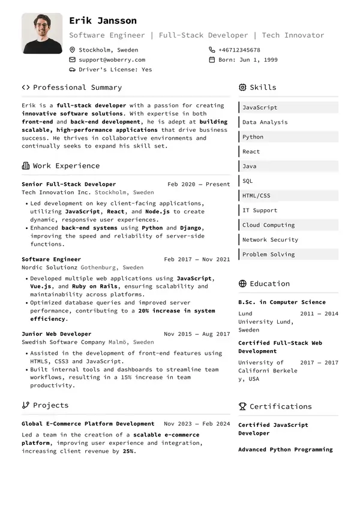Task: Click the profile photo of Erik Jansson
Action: pos(42,34)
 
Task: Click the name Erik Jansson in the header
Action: pos(103,21)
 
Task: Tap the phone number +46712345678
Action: pos(239,50)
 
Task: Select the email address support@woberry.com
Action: pos(112,60)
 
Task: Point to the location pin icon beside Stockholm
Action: pos(73,50)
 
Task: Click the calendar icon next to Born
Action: pos(212,60)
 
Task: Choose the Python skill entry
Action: pos(253,137)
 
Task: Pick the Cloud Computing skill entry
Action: pos(268,225)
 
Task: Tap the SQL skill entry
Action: pos(248,181)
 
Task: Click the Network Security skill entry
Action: pos(270,240)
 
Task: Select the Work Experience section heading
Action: pos(66,166)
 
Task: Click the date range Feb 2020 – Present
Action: pos(199,184)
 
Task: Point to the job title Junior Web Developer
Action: pos(56,334)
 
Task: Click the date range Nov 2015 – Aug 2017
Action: pos(197,334)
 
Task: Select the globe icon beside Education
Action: pos(242,284)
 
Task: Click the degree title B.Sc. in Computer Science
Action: pos(282,302)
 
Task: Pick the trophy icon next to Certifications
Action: pos(242,406)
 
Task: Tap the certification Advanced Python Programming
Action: pos(285,449)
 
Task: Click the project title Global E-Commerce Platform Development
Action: pos(88,424)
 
